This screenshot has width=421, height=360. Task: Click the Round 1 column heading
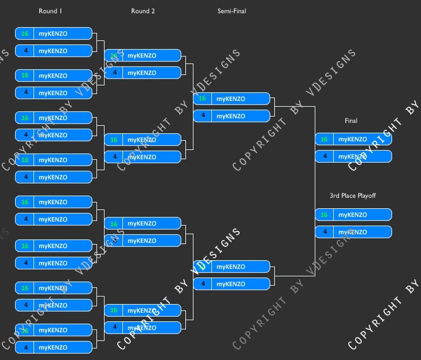[x=50, y=11]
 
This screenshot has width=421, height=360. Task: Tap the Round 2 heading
[x=143, y=11]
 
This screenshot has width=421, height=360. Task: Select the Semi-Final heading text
[x=232, y=11]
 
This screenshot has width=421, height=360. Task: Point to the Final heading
[x=351, y=121]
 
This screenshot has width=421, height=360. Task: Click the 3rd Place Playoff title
[x=352, y=196]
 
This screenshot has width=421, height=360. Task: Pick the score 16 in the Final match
[x=324, y=139]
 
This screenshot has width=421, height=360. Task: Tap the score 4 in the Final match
[x=325, y=156]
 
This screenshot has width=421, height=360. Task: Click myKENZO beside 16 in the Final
[x=352, y=139]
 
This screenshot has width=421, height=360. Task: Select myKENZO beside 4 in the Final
[x=352, y=156]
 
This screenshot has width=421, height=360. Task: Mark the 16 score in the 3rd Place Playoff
[x=324, y=215]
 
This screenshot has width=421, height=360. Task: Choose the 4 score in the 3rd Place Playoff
[x=325, y=232]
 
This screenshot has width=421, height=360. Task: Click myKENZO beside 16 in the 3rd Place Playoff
[x=352, y=215]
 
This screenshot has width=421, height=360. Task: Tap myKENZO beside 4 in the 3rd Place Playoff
[x=352, y=232]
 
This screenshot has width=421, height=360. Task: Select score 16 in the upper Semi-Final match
[x=202, y=99]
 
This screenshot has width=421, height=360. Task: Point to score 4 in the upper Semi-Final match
[x=203, y=116]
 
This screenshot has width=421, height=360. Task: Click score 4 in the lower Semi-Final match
[x=203, y=284]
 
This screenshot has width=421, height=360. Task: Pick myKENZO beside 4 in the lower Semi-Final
[x=230, y=284]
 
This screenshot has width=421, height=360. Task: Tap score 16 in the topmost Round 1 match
[x=25, y=33]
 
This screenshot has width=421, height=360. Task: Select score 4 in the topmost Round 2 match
[x=114, y=73]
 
